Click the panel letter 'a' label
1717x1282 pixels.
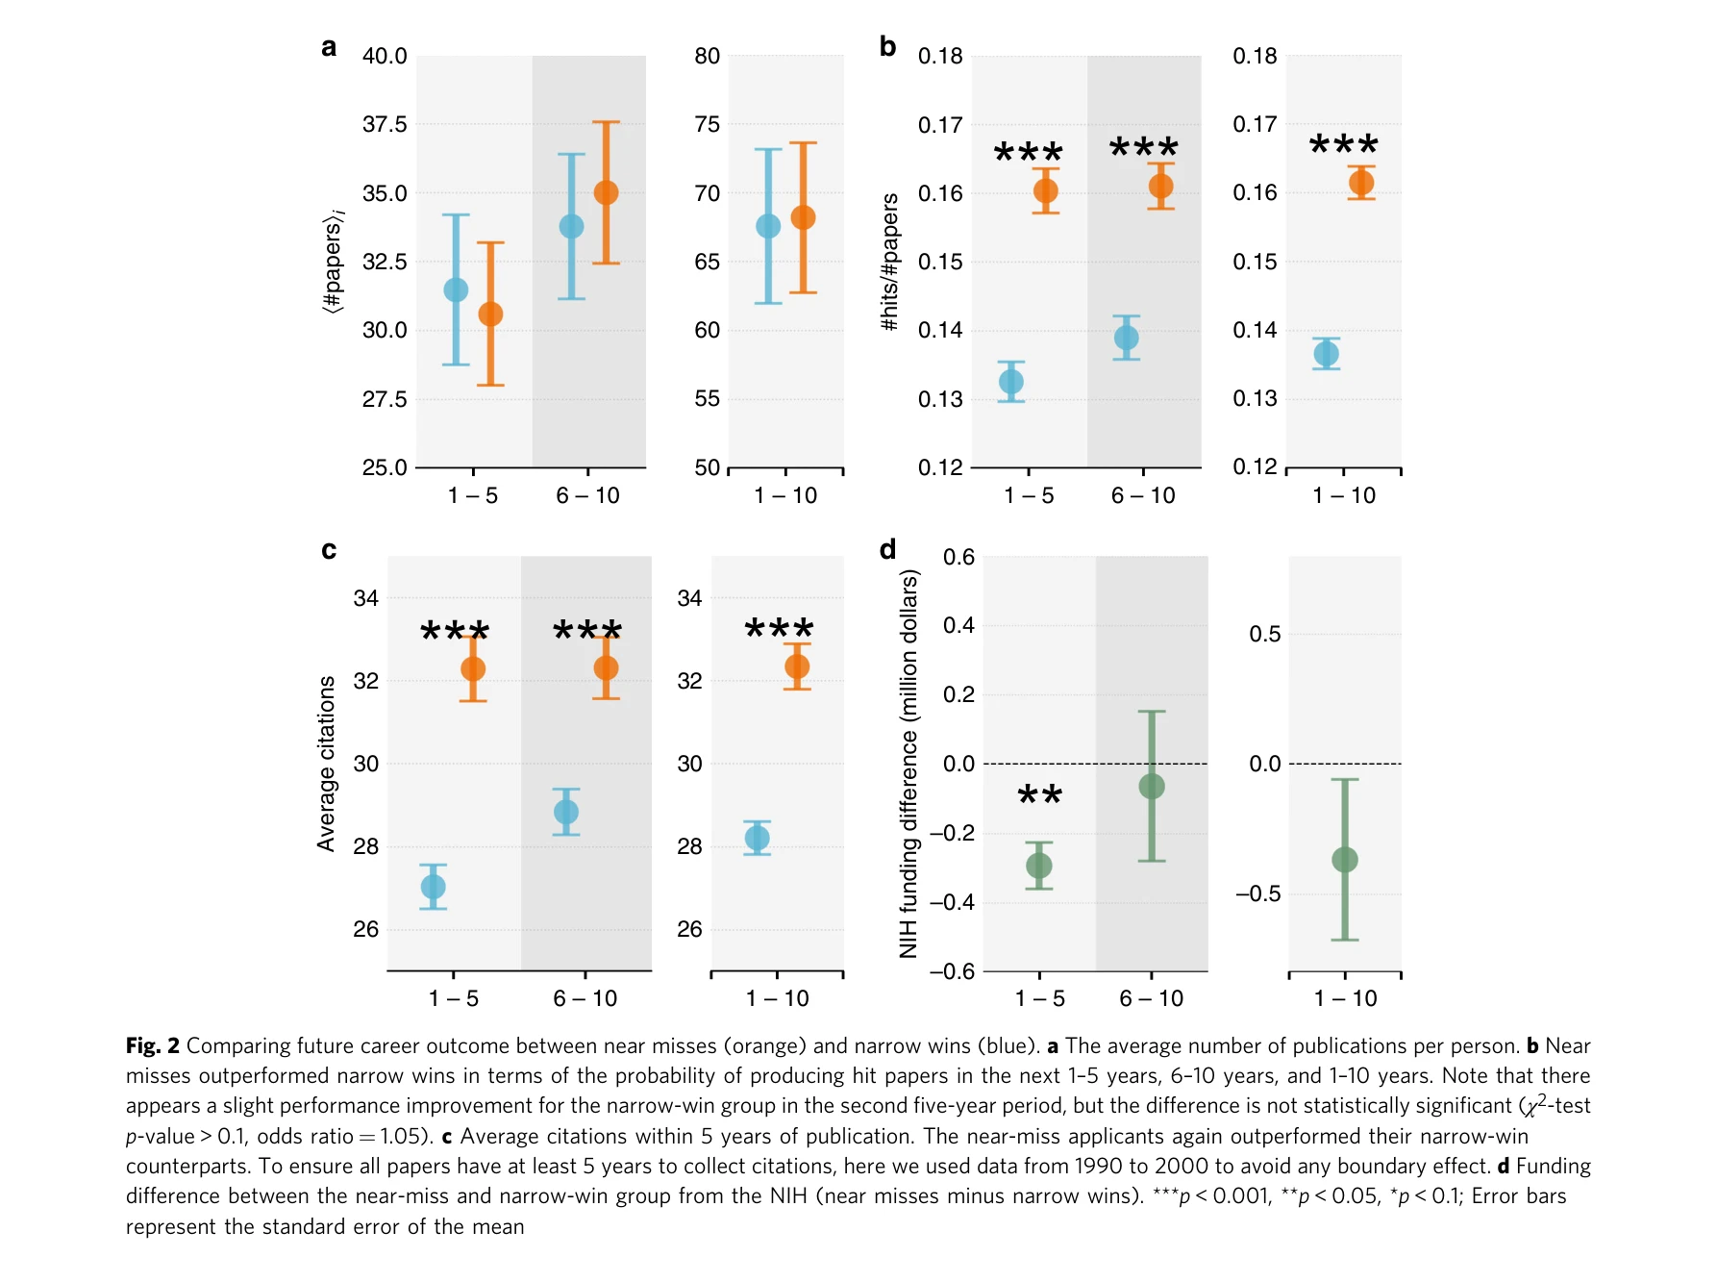coord(329,48)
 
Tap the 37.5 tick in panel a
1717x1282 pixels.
coord(385,125)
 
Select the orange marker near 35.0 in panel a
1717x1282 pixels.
coord(606,193)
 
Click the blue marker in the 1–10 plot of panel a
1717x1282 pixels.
coord(768,227)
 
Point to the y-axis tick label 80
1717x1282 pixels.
coord(707,57)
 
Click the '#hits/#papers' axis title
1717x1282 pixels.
coord(890,262)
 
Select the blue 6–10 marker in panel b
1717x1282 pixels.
coord(1126,338)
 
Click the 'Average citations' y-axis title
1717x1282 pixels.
coord(327,764)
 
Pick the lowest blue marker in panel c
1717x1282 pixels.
coord(433,887)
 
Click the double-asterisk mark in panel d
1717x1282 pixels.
coord(1039,796)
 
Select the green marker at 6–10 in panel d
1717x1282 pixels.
coord(1151,787)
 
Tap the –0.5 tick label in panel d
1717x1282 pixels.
coord(1257,894)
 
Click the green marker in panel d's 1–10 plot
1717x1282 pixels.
coord(1344,860)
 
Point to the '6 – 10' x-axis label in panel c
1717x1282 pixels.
coord(585,999)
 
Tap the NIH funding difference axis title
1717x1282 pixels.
coord(908,764)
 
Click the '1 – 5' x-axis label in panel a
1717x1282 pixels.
coord(472,496)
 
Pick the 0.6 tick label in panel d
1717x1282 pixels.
coord(958,558)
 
